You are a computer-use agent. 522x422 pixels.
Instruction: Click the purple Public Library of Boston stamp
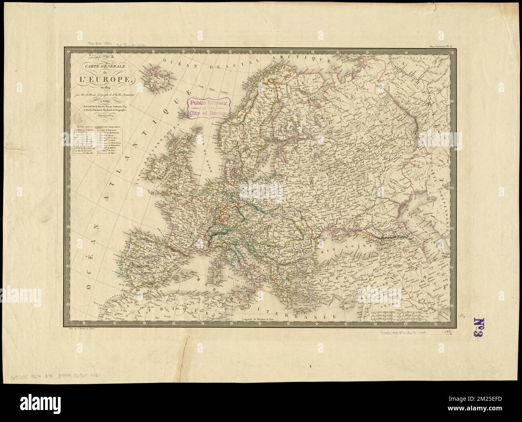(208, 107)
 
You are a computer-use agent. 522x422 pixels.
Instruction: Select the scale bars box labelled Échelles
(405, 317)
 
